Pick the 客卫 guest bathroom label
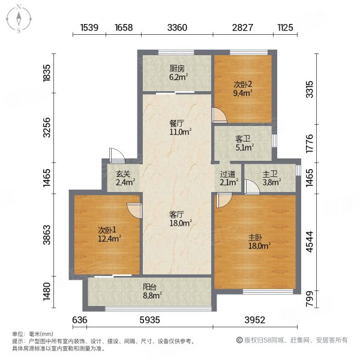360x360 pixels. coord(244,137)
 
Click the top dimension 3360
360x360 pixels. coord(178,27)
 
